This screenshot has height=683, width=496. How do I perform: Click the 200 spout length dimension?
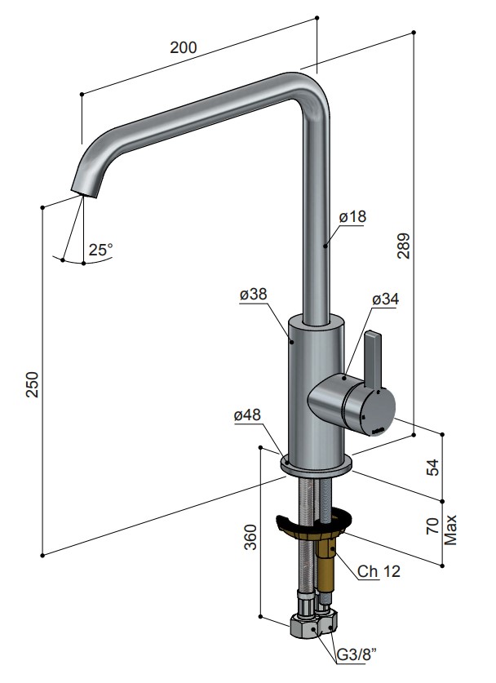pyautogui.click(x=184, y=47)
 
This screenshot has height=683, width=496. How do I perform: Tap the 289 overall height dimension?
pyautogui.click(x=404, y=246)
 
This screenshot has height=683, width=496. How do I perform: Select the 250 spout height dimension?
pyautogui.click(x=33, y=384)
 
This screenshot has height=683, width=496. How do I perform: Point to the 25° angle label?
pyautogui.click(x=101, y=250)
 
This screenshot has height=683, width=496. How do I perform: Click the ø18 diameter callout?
pyautogui.click(x=352, y=216)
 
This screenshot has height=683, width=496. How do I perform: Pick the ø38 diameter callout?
pyautogui.click(x=253, y=295)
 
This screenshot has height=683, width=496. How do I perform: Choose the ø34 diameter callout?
pyautogui.click(x=385, y=299)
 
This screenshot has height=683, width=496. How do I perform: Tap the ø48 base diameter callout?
pyautogui.click(x=247, y=415)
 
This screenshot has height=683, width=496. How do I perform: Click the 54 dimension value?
pyautogui.click(x=434, y=467)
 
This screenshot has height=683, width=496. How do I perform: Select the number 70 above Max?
pyautogui.click(x=434, y=526)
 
